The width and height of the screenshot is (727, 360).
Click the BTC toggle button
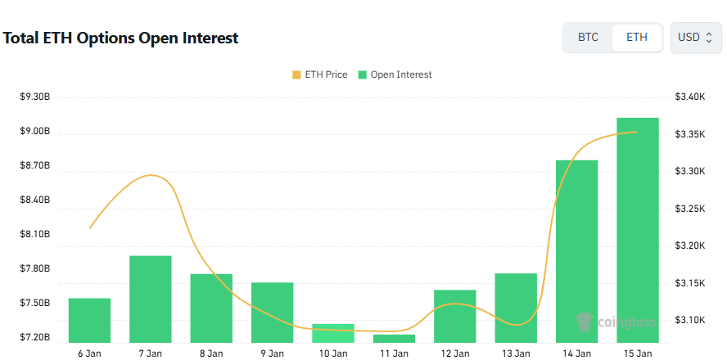(x=588, y=38)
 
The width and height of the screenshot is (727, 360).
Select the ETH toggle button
(x=637, y=38)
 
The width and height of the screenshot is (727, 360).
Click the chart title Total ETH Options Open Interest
(x=121, y=38)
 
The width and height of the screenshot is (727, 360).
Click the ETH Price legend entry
(x=319, y=74)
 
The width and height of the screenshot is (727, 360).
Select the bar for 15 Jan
(x=638, y=230)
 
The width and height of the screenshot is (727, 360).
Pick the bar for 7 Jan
(x=151, y=299)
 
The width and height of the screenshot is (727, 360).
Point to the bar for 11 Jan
(x=395, y=338)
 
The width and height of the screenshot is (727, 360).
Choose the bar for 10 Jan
(x=333, y=333)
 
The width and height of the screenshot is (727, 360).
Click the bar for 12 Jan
(x=455, y=316)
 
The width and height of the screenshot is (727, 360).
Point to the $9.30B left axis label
(x=35, y=97)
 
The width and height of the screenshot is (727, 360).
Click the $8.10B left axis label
(x=35, y=234)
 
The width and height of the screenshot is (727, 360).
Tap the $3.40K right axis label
(x=689, y=97)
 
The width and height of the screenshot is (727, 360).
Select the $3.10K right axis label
(x=689, y=320)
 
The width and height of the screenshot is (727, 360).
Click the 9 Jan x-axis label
(x=272, y=353)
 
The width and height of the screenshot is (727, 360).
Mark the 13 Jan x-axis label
(x=516, y=353)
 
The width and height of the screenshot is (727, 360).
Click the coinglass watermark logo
(x=616, y=322)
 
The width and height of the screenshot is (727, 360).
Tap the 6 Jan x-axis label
(x=89, y=353)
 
